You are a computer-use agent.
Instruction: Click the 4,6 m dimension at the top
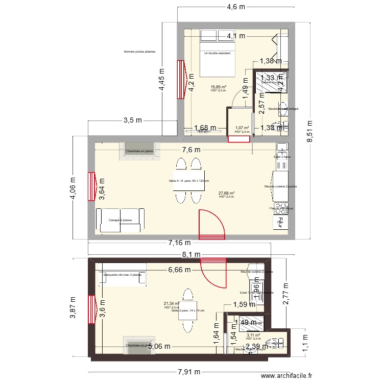tap(235, 7)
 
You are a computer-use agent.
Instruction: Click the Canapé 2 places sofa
tap(121, 220)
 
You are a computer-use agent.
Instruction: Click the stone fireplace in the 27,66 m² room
tap(139, 151)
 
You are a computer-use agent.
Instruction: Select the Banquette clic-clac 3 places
tap(123, 274)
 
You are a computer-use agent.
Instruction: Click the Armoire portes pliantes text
tap(139, 52)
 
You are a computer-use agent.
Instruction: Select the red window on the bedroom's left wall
tap(180, 79)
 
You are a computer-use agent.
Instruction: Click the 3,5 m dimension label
tap(132, 121)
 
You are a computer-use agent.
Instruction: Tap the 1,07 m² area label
tap(242, 128)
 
